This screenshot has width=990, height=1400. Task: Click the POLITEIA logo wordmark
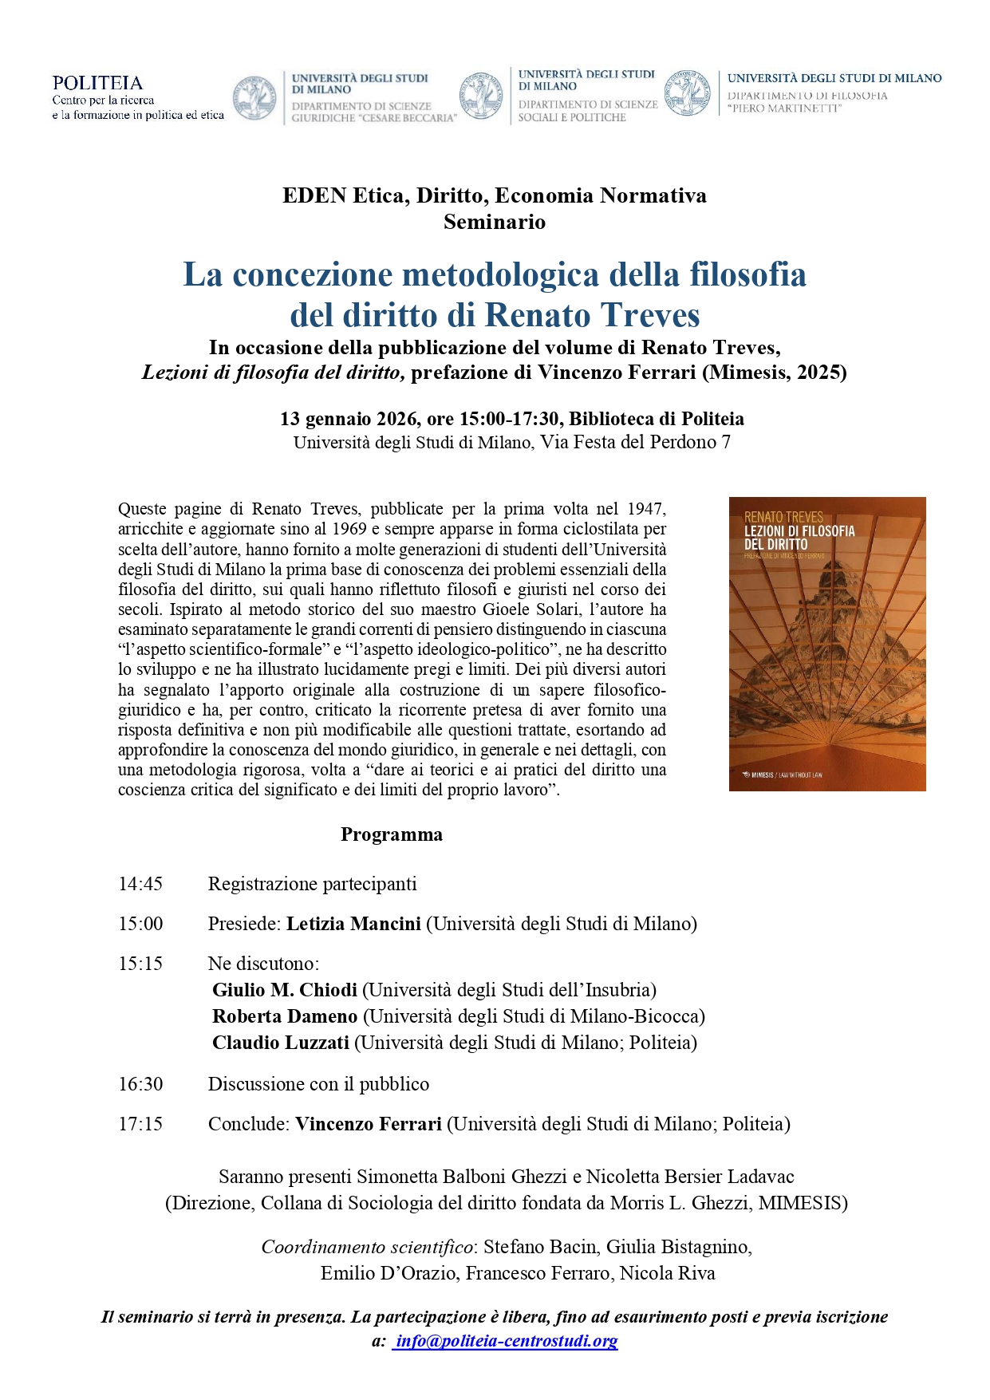click(97, 83)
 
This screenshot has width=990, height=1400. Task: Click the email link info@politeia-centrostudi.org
click(506, 1341)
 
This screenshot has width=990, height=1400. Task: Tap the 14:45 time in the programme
click(140, 884)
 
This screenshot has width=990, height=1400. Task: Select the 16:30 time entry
click(140, 1084)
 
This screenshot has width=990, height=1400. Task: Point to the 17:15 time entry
click(140, 1124)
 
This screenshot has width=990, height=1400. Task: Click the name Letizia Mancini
click(353, 924)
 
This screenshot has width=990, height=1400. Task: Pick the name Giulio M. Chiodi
click(285, 990)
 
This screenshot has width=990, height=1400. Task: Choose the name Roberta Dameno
click(285, 1016)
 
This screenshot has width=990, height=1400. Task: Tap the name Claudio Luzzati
click(281, 1043)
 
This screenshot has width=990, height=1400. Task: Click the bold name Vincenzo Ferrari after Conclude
click(369, 1124)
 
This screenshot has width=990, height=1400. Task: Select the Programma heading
click(391, 834)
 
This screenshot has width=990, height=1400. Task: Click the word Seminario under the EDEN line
click(495, 222)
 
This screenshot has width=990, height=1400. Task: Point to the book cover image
click(827, 644)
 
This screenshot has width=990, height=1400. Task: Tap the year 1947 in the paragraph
click(645, 509)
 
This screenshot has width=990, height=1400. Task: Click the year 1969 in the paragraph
click(348, 529)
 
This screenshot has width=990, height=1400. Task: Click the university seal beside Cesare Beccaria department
click(254, 98)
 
